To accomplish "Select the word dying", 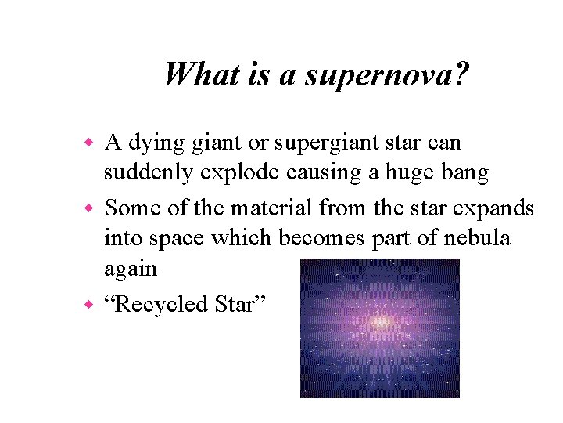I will click(156, 144).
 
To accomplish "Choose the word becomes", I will click(325, 237).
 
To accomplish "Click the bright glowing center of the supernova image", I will click(380, 321).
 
